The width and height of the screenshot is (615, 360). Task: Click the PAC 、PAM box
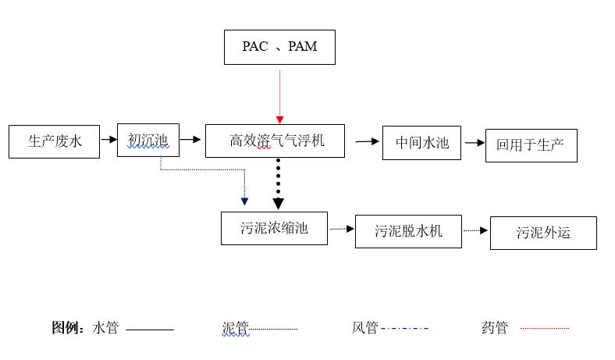[279, 47]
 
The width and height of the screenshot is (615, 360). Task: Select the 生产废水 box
[54, 141]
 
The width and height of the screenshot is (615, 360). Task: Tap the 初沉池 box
[148, 140]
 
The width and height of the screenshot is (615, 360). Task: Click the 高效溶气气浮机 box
[275, 141]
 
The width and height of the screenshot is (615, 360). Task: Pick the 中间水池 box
[421, 143]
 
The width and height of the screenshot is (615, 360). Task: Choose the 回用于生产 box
[531, 145]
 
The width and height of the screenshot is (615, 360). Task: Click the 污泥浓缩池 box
[274, 228]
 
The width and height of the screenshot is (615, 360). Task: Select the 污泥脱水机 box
[408, 231]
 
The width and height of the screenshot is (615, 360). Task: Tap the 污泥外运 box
[543, 233]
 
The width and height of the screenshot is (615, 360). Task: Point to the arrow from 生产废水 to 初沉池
[108, 141]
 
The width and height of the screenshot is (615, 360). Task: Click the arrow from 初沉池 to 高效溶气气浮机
[190, 141]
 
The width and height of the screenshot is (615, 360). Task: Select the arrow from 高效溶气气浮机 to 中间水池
[367, 141]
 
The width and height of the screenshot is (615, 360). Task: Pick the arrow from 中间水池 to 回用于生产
[474, 143]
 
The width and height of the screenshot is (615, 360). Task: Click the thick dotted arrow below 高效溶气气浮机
[278, 184]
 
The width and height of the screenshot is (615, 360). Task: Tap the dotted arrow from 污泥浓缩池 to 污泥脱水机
[341, 229]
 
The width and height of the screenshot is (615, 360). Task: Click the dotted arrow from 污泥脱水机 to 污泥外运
[475, 230]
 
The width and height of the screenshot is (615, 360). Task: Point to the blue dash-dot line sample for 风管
[404, 329]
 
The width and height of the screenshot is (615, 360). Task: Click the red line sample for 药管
[544, 329]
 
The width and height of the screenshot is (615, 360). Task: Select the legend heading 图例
[69, 328]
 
